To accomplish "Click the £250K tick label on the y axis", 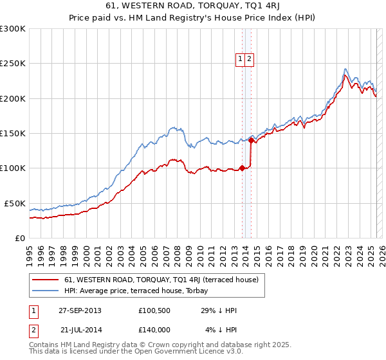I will [x=13, y=64].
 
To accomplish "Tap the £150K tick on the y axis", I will [x=13, y=134].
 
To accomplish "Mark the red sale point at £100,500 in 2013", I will [x=242, y=168].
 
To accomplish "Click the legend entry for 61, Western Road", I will [x=161, y=280].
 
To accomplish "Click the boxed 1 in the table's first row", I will [x=33, y=311].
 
